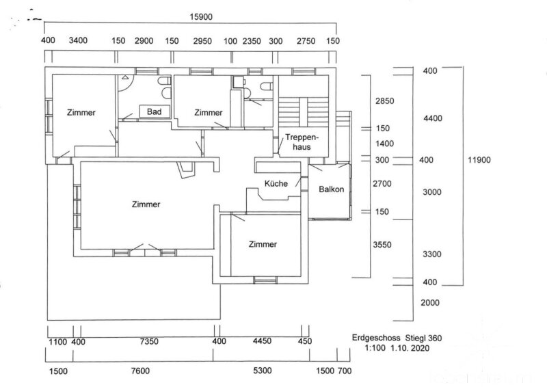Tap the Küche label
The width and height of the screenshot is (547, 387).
coord(276,183)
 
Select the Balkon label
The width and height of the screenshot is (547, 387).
coord(331,189)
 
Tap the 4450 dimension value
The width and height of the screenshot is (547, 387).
coord(263,341)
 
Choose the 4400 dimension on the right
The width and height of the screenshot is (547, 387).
coord(433,118)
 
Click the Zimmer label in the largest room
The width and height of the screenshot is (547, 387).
coord(147,204)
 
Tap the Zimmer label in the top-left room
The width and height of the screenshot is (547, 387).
coord(81,113)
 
